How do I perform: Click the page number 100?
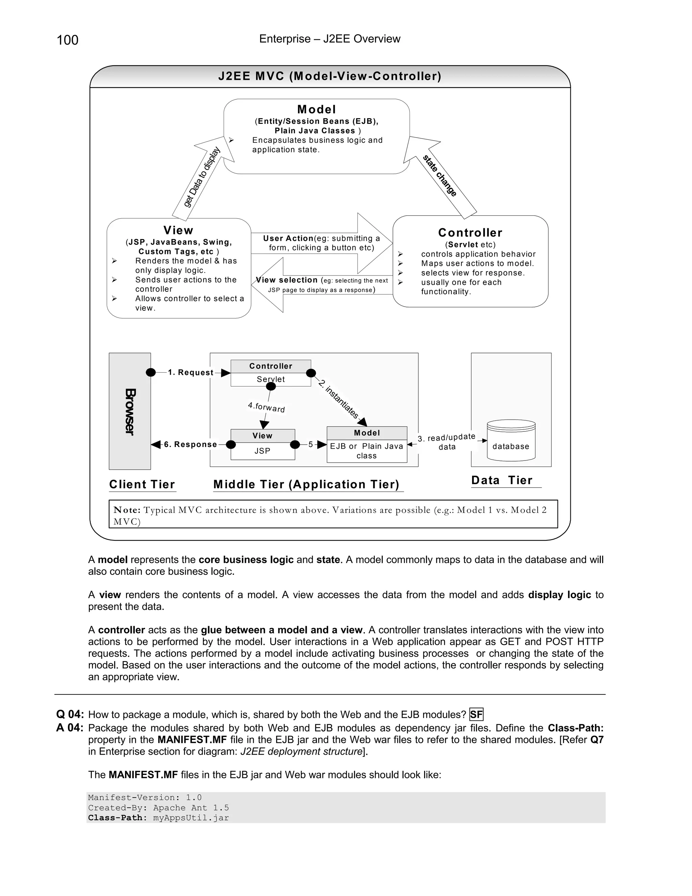67,40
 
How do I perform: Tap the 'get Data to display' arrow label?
202,178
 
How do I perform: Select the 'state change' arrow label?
440,175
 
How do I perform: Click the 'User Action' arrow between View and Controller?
321,243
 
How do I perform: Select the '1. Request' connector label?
191,373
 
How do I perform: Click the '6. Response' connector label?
190,444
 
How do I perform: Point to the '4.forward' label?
267,407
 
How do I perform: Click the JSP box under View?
262,451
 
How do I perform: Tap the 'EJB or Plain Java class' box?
367,451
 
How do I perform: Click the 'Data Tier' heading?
502,480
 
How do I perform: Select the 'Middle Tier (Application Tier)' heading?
306,485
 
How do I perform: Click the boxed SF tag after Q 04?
476,715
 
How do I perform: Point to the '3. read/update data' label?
446,442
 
